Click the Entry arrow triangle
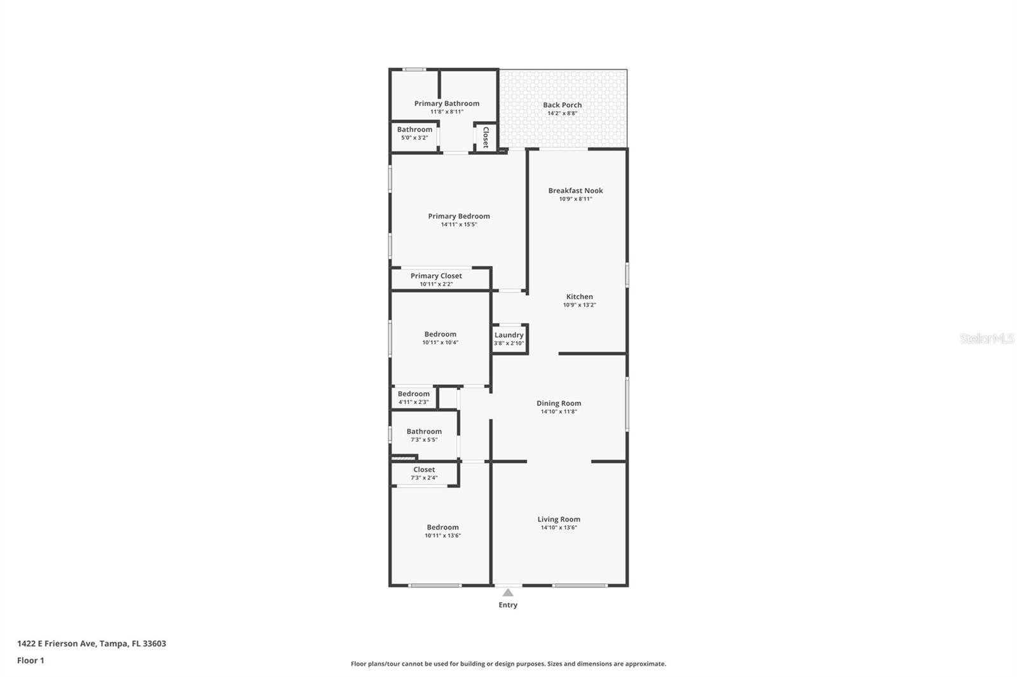pos(508,593)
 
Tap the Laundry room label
pos(509,335)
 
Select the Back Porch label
pos(562,105)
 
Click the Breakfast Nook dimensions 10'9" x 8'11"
pos(576,199)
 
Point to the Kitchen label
pos(579,297)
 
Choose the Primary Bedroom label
pos(459,217)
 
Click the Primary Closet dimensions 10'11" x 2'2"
pos(436,284)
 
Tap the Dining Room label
pos(559,403)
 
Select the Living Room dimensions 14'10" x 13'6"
pos(559,527)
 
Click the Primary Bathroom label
pos(447,104)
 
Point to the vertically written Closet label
pos(486,137)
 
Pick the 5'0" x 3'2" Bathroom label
pos(414,130)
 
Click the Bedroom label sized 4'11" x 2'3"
pos(414,394)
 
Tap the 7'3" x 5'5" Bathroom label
pos(424,431)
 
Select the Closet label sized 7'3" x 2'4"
pos(424,469)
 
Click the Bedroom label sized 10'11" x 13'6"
pos(442,527)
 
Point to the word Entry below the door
pos(508,605)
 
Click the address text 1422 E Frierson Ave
pos(57,643)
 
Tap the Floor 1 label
pos(31,660)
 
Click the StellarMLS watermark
pos(987,338)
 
